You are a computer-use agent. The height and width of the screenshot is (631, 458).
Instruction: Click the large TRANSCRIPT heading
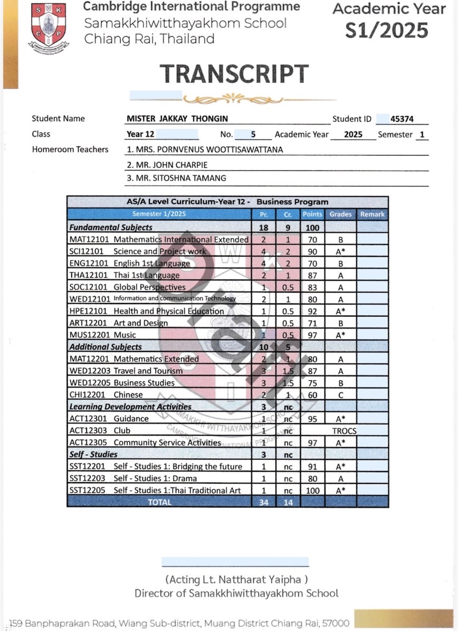tap(234, 74)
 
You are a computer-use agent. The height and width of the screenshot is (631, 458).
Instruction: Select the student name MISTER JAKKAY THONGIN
tap(177, 119)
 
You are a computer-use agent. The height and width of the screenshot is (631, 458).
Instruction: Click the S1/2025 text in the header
tap(387, 31)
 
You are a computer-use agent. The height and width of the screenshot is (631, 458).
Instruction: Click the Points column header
tap(312, 214)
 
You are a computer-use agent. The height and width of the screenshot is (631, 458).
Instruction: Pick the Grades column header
tap(340, 214)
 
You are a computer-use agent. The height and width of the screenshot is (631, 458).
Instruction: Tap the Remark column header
tap(372, 214)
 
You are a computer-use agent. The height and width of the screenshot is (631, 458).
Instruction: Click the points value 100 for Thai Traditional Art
tap(312, 491)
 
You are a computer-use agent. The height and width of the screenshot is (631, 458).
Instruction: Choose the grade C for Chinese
tap(340, 395)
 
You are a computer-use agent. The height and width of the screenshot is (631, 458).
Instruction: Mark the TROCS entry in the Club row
tap(344, 431)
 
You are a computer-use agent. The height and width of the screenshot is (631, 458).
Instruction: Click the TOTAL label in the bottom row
tap(159, 502)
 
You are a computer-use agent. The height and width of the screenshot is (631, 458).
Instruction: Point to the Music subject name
tap(125, 335)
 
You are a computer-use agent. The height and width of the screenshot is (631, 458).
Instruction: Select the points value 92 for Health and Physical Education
tap(312, 312)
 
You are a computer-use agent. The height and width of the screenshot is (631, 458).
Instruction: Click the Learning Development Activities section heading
tap(130, 407)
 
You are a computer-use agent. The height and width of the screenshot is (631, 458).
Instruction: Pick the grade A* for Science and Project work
tap(340, 252)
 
